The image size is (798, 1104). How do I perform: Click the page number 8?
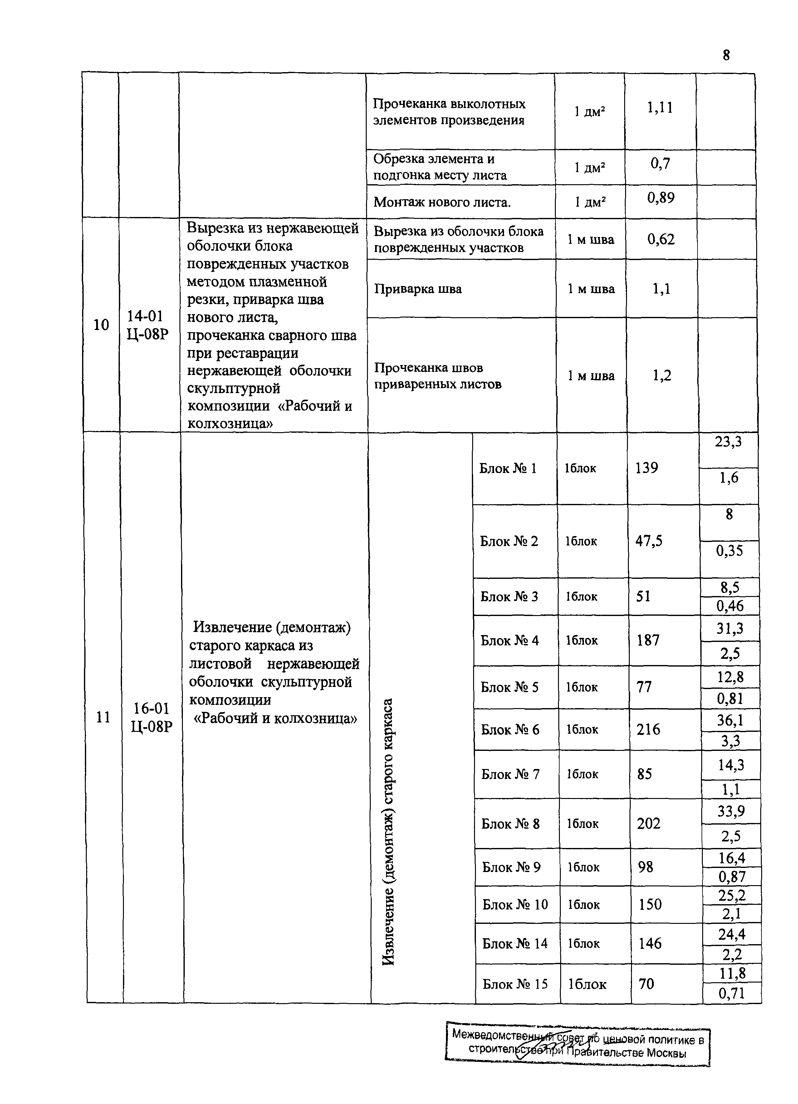coord(726,56)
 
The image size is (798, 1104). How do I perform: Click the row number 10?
coord(101,325)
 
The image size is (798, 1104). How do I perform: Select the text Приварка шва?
coord(418,289)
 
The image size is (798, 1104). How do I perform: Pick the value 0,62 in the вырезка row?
coord(661,239)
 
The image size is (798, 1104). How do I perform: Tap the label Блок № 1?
coord(507,468)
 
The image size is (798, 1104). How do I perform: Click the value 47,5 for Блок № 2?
coord(649,541)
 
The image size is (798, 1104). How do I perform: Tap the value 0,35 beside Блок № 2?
coord(729,550)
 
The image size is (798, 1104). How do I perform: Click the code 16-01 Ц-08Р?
coord(151,717)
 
